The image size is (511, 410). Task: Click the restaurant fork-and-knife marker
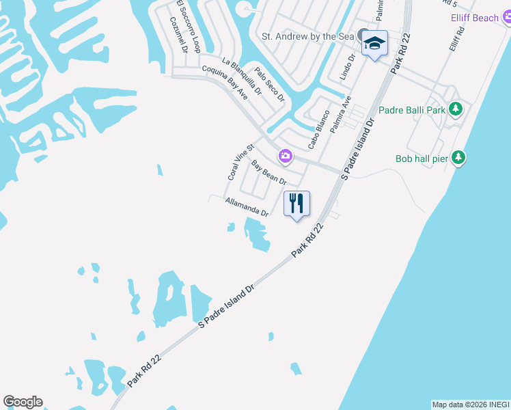tap(296, 204)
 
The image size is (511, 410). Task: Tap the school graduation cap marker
tap(374, 44)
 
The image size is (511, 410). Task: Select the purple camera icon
tap(286, 156)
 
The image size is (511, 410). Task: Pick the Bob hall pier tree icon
tap(460, 159)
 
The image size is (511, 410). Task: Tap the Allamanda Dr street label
tap(247, 207)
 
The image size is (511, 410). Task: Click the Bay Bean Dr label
tap(268, 172)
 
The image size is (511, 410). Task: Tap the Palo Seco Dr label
tap(269, 85)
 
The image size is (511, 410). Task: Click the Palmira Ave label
tap(340, 113)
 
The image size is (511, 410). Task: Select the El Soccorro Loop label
tap(187, 26)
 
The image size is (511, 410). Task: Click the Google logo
tap(23, 402)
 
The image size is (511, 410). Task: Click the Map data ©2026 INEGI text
tap(470, 405)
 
